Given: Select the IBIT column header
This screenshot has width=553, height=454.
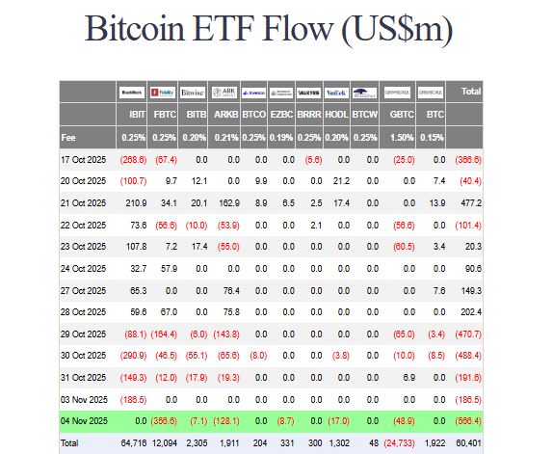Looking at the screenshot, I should point(137,114).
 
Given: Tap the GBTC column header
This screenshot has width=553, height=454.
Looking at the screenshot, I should point(403,114).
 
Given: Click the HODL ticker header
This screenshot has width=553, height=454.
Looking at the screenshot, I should point(338,114).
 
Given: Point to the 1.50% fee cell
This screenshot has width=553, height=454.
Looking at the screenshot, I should point(403,137).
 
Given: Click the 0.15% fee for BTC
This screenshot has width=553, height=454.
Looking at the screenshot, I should point(434,137).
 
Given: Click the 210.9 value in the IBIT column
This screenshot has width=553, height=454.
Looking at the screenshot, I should point(136,202).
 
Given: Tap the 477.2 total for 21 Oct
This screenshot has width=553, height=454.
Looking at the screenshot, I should point(470,202).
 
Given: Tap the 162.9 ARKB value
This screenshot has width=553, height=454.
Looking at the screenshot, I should point(226,202).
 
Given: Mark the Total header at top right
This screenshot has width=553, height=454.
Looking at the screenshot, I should point(471,92).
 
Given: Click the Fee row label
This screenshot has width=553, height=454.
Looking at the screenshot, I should point(68,137).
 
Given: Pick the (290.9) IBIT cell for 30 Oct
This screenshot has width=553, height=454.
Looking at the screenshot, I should point(133,355).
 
